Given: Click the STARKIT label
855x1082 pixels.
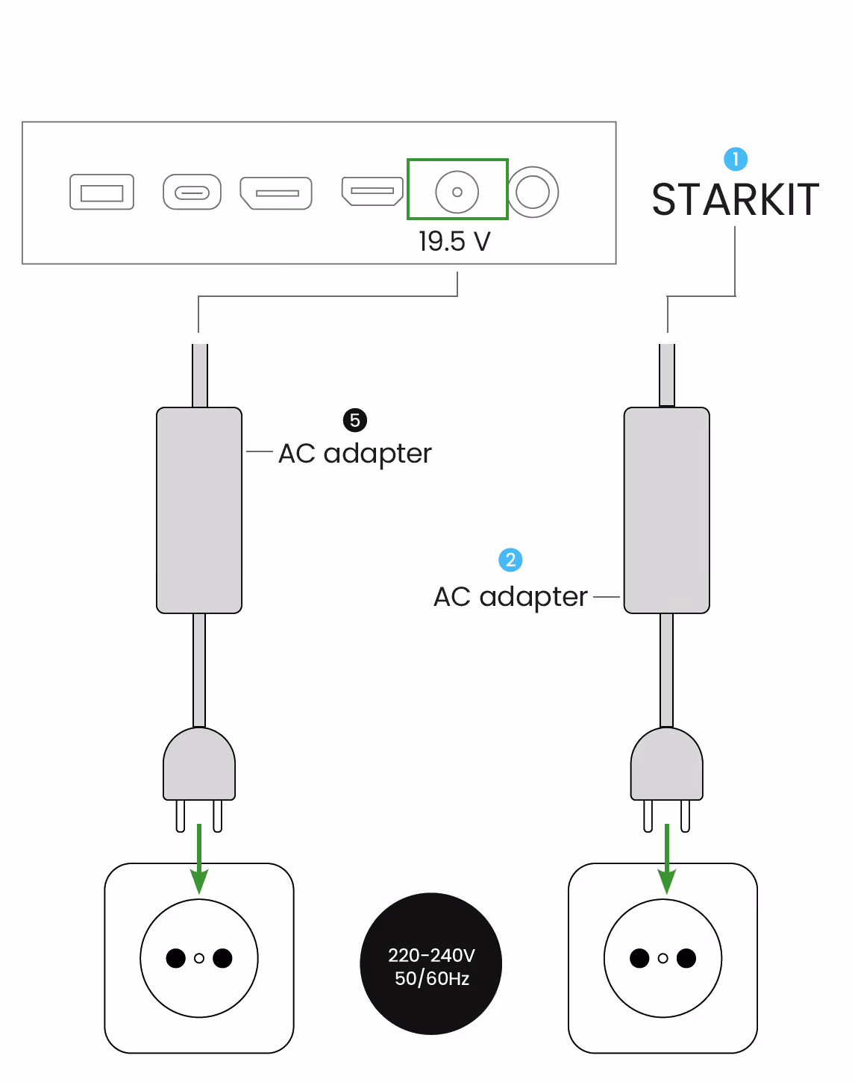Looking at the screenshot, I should [735, 200].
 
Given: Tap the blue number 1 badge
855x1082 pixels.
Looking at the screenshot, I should [736, 159].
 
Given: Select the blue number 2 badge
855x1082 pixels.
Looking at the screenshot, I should [510, 560].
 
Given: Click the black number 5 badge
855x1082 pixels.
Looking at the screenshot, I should [355, 420].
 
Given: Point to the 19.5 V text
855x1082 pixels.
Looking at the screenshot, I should [454, 242].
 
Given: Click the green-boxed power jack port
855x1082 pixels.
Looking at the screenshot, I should [457, 192].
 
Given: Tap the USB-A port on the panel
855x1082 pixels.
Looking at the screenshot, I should [101, 192].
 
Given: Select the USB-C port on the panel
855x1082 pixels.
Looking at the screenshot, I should [192, 193].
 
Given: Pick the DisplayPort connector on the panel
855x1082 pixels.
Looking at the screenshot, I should [276, 193].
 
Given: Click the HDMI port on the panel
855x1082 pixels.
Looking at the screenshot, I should [372, 190].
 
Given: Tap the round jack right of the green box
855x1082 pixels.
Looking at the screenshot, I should [533, 192].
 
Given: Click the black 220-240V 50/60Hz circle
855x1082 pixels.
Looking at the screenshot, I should [431, 964].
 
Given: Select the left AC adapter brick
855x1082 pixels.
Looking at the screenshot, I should [199, 510].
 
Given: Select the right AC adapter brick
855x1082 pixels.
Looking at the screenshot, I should [666, 510].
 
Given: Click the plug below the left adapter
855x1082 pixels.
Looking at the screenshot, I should [199, 769].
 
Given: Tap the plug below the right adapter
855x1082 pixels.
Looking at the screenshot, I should [666, 769].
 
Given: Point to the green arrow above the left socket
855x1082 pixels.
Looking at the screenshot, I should [199, 858].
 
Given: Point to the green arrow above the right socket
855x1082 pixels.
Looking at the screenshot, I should [666, 858].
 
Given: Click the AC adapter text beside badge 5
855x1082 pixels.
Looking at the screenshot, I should [355, 454].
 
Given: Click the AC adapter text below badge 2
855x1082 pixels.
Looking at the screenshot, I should [510, 597].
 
